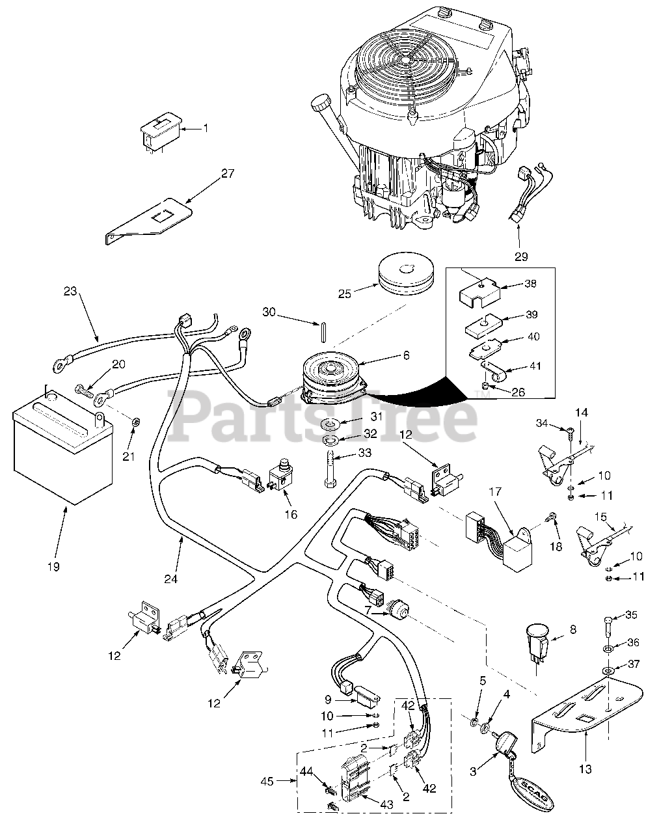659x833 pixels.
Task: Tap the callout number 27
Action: [x=227, y=173]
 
